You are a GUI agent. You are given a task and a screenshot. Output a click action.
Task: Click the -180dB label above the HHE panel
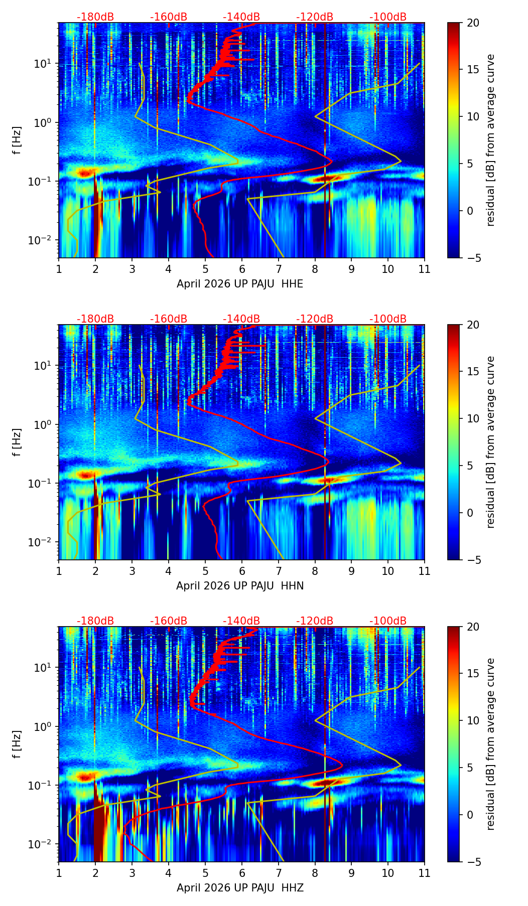tap(95, 17)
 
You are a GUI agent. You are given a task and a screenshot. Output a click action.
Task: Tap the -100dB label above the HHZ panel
tap(388, 621)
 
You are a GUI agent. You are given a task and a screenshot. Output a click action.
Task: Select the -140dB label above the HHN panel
tap(241, 319)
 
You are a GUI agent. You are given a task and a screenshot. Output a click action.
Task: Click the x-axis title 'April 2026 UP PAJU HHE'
tap(240, 284)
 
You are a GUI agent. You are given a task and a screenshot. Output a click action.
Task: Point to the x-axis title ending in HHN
tap(240, 586)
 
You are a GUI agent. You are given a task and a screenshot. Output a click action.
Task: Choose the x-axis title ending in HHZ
tap(240, 888)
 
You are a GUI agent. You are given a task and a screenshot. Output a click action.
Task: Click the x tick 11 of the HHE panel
tap(425, 269)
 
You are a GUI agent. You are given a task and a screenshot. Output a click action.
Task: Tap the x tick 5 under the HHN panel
tap(205, 571)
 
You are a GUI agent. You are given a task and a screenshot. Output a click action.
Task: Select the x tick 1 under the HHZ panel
tap(59, 873)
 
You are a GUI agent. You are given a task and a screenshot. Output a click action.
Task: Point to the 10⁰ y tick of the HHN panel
tap(42, 425)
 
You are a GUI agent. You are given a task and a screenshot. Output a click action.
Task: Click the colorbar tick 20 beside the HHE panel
tap(473, 23)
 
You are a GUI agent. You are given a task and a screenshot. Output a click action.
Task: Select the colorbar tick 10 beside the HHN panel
tap(473, 418)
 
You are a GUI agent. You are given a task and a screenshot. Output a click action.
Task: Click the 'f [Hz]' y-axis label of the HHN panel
tap(18, 442)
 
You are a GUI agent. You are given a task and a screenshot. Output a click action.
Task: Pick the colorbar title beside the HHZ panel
tap(491, 744)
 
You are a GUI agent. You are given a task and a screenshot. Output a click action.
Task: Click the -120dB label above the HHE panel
tap(315, 17)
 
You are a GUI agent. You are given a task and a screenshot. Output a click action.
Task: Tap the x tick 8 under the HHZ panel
tap(315, 873)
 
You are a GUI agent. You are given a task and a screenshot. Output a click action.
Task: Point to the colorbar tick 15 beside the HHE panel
tap(473, 70)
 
